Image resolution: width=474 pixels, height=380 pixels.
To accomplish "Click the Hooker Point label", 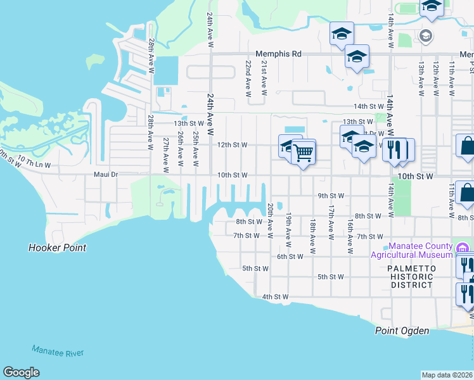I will pyautogui.click(x=57, y=248).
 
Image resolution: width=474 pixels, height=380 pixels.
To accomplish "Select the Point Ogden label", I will pyautogui.click(x=402, y=331).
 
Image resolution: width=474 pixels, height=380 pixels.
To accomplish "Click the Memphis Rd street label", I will pyautogui.click(x=278, y=54).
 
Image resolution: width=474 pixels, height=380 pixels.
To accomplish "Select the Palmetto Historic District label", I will pyautogui.click(x=412, y=277).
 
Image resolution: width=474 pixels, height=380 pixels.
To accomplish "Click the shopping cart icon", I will pyautogui.click(x=304, y=152).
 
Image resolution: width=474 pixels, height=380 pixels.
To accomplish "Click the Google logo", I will pyautogui.click(x=21, y=372).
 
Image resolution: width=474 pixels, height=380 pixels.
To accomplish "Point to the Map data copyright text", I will pyautogui.click(x=447, y=375).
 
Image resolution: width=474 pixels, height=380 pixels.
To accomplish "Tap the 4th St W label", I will pyautogui.click(x=276, y=296).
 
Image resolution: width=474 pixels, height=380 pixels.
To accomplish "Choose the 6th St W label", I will pyautogui.click(x=290, y=256).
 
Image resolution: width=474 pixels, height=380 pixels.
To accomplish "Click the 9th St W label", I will pyautogui.click(x=331, y=196).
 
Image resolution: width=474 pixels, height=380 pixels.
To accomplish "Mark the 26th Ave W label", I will pyautogui.click(x=181, y=150).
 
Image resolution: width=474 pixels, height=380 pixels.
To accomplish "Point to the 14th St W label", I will pyautogui.click(x=369, y=106).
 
